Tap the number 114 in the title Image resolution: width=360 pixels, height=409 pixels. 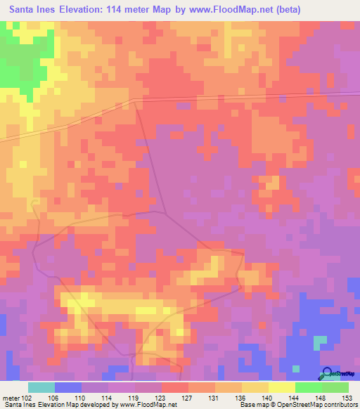point(122,10)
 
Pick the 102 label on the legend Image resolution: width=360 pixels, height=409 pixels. point(27,398)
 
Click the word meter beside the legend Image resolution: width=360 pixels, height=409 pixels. point(10,398)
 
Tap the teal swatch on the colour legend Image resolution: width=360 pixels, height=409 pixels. point(41,387)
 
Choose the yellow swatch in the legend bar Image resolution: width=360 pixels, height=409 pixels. point(281,387)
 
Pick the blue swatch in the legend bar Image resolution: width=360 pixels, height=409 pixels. point(67,387)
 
